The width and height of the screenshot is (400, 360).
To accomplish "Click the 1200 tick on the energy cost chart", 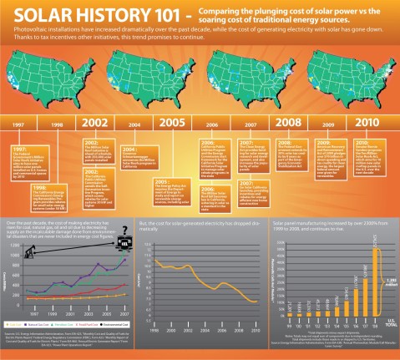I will click(11, 245).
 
